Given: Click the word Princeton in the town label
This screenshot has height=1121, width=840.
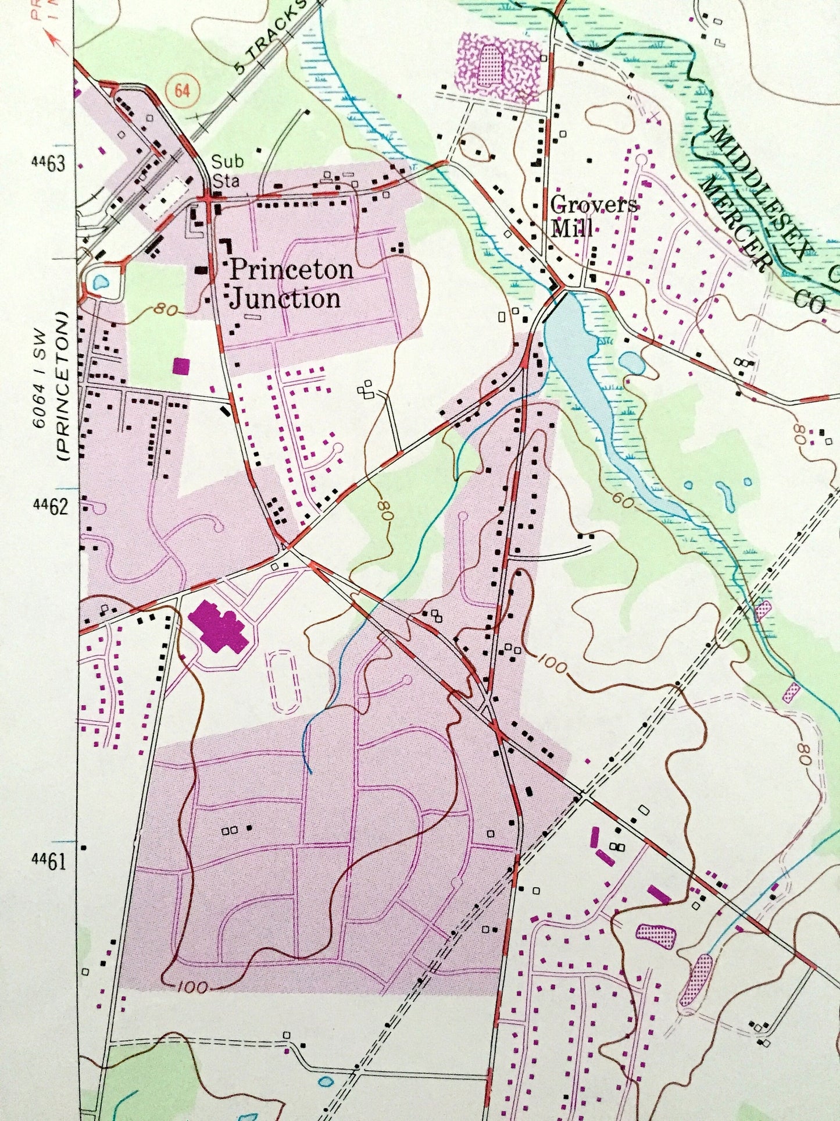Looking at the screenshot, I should click(291, 270).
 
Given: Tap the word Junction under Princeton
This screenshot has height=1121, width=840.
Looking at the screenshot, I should click(285, 298).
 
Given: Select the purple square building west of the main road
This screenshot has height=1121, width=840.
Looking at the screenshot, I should click(181, 366).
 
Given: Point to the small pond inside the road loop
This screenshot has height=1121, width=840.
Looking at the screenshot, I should click(101, 283).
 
